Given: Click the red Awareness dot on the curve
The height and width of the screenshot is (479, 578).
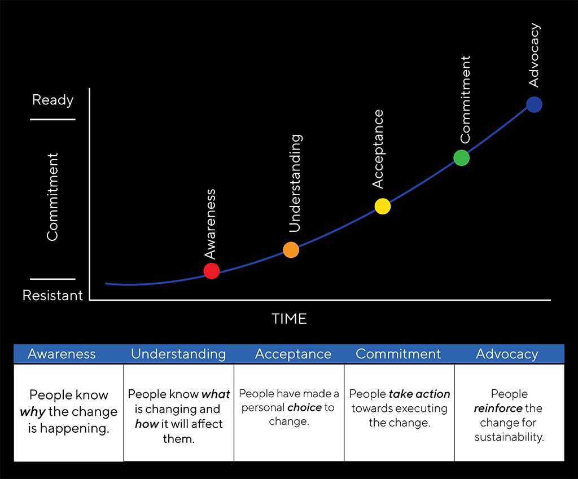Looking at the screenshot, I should (x=211, y=271).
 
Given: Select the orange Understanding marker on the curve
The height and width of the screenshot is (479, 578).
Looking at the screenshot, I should (x=291, y=250).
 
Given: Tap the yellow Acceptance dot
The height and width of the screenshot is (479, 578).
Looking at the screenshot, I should (x=382, y=206).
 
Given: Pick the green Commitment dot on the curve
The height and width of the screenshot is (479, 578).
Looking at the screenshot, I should (x=462, y=158).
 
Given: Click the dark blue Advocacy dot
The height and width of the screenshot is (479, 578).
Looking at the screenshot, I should (x=534, y=104).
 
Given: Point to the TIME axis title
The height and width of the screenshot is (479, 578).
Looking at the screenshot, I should (x=289, y=319).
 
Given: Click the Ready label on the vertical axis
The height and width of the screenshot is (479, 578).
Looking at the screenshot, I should (x=52, y=100).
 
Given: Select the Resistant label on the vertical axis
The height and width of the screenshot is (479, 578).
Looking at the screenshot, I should (x=52, y=295).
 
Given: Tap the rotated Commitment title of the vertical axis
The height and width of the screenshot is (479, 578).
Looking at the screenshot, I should (x=52, y=196).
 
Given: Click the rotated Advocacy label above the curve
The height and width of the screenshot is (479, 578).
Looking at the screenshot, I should (x=534, y=55).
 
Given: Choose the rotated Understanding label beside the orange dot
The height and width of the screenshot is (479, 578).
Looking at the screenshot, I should (x=295, y=183).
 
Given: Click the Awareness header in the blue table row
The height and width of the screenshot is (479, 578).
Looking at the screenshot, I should (x=62, y=354).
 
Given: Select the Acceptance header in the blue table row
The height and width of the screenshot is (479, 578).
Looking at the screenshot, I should (x=293, y=354).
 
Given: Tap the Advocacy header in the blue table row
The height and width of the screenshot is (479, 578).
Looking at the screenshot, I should (x=507, y=354).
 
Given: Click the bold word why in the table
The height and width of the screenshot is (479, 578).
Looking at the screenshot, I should (x=32, y=412).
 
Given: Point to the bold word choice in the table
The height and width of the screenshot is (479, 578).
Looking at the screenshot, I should (x=304, y=407).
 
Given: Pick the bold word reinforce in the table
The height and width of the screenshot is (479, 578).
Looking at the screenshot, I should (x=498, y=408).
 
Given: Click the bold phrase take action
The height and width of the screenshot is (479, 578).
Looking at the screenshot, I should (x=419, y=394).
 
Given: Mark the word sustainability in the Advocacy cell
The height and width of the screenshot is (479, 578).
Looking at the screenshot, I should (x=509, y=437).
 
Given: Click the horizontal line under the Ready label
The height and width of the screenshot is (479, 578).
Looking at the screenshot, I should (x=52, y=120).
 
